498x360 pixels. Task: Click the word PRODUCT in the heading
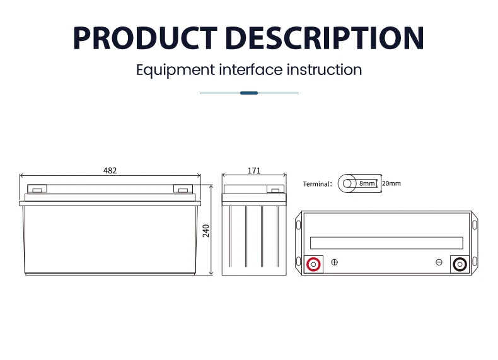[x=145, y=38]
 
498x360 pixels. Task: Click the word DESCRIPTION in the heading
[x=325, y=38]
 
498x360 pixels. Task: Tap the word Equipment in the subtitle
[x=176, y=70]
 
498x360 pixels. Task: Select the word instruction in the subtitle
[x=324, y=69]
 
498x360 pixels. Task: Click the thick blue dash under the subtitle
[x=249, y=93]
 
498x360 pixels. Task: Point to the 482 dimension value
[x=110, y=171]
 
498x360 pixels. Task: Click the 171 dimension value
[x=254, y=171]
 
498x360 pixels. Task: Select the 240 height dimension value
[x=206, y=231]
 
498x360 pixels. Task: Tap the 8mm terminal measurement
[x=367, y=183]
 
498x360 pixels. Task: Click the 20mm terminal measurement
[x=391, y=183]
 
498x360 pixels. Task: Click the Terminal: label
[x=317, y=184]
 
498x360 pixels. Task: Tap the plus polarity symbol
[x=335, y=262]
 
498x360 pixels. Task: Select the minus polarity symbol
[x=439, y=262]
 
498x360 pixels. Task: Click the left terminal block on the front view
[x=37, y=189]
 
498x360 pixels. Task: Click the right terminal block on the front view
[x=183, y=189]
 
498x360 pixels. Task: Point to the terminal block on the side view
[x=275, y=189]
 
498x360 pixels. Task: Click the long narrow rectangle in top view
[x=386, y=243]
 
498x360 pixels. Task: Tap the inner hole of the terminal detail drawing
[x=347, y=183]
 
